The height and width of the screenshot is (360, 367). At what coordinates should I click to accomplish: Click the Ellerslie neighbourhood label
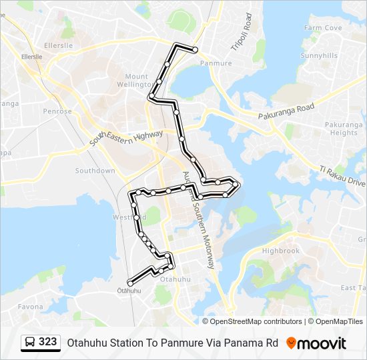pyautogui.click(x=57, y=46)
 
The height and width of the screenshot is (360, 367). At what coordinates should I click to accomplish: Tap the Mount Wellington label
pyautogui.click(x=136, y=81)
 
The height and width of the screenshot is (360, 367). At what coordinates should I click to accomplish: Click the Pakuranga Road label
pyautogui.click(x=286, y=112)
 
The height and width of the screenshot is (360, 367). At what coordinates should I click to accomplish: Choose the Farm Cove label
pyautogui.click(x=323, y=28)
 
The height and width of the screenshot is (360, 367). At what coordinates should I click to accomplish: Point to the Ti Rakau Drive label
pyautogui.click(x=342, y=177)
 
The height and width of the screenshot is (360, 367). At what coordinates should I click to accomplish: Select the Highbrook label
pyautogui.click(x=280, y=251)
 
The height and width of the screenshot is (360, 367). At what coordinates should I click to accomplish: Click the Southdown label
pyautogui.click(x=95, y=171)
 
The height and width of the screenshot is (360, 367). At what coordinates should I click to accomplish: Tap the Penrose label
pyautogui.click(x=57, y=111)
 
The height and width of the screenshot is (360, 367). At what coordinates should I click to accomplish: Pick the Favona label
pyautogui.click(x=30, y=307)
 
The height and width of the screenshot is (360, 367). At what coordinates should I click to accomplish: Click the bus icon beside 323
pyautogui.click(x=30, y=343)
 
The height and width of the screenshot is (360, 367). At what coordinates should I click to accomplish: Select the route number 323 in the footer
pyautogui.click(x=48, y=342)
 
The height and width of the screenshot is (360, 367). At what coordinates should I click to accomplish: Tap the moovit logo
pyautogui.click(x=316, y=343)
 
